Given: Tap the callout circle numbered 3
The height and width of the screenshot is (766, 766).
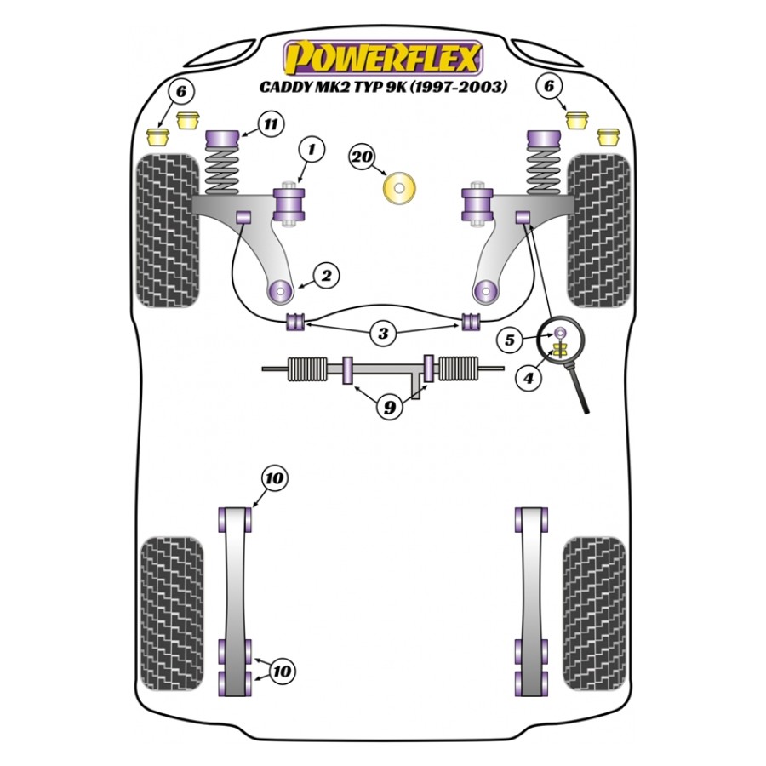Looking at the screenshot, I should pos(383,334).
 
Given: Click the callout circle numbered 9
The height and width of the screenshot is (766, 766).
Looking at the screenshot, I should pos(389,408).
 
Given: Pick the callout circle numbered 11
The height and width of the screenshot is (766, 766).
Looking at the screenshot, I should pos(271,126).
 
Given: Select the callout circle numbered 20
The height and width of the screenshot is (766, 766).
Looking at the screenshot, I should pos(362,157).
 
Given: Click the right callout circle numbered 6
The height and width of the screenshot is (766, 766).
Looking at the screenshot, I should pos(549,86).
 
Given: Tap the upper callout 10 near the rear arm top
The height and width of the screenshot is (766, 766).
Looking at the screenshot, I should pos(273,479).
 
